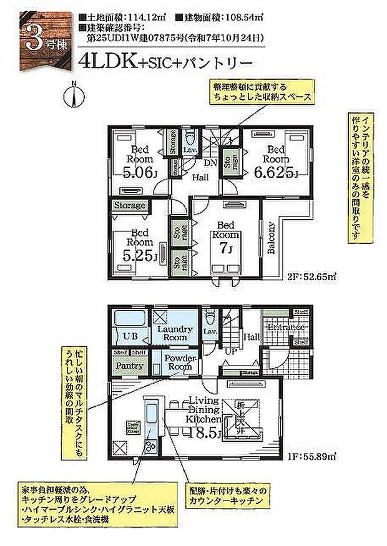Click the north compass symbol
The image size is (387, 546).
74,95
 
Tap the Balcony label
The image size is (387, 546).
272,239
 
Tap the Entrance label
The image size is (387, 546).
285,328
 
